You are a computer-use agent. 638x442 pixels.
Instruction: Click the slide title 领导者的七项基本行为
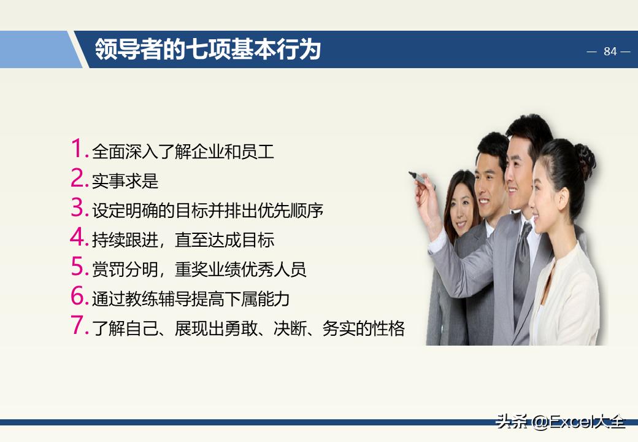point(208,50)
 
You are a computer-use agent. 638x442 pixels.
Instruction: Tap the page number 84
point(610,52)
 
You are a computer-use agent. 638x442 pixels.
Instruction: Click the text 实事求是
point(125,181)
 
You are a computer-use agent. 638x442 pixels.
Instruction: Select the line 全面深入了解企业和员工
point(183,152)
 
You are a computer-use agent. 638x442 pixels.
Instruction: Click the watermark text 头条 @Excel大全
point(560,422)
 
